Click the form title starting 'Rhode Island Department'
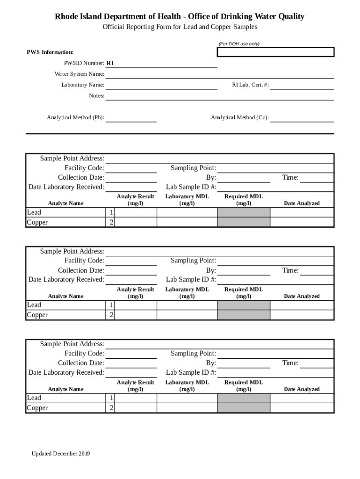[x=180, y=17]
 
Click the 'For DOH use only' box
[x=275, y=52]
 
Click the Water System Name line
[x=219, y=74]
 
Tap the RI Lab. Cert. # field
[x=302, y=85]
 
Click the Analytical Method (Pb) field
[x=131, y=118]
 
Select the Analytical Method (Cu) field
[x=302, y=118]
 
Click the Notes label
[x=96, y=96]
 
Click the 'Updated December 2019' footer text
[x=61, y=454]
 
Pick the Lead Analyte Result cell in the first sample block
[x=136, y=213]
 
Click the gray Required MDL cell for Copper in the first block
[x=244, y=223]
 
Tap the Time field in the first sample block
[x=317, y=178]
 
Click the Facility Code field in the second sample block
[x=131, y=261]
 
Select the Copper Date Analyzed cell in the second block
[x=302, y=315]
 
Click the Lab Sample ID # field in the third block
[x=275, y=373]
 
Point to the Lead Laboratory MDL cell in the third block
[x=187, y=398]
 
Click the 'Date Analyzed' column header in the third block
[x=302, y=389]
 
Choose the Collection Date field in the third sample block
[x=131, y=363]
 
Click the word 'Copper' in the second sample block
[x=37, y=315]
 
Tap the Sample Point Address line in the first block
[x=219, y=159]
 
